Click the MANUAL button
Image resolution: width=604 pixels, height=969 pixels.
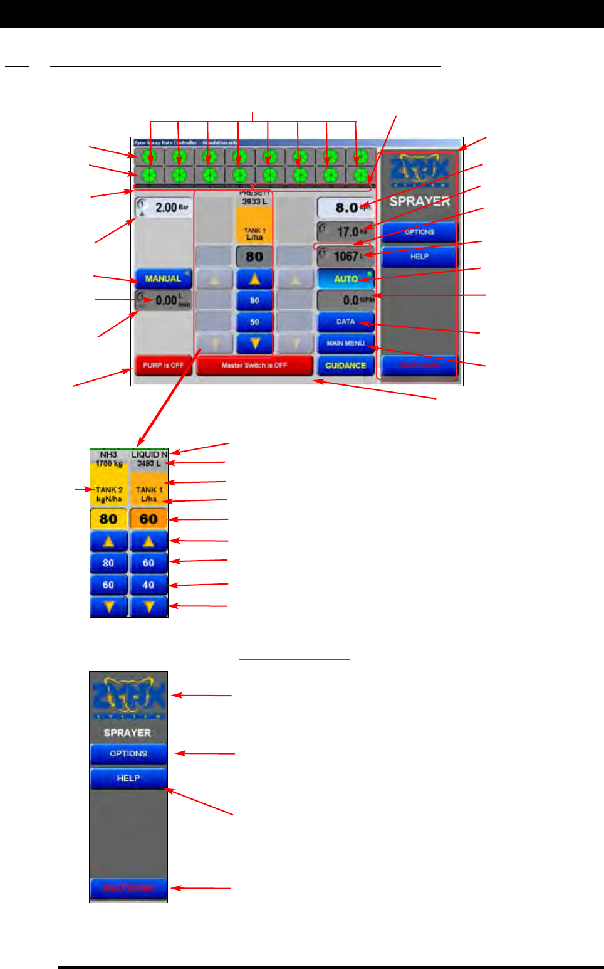click(x=163, y=278)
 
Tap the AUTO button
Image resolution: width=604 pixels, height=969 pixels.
click(x=346, y=279)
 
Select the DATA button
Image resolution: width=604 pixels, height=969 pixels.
click(x=346, y=322)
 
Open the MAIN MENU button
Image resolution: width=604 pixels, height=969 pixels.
click(x=346, y=343)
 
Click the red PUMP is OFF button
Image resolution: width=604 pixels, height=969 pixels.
click(x=163, y=365)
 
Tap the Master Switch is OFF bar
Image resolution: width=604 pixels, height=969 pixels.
click(x=254, y=365)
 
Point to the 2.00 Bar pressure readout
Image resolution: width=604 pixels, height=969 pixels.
click(x=164, y=208)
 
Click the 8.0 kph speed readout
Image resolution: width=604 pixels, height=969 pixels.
click(x=346, y=208)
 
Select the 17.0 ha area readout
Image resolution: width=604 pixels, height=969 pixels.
click(x=346, y=232)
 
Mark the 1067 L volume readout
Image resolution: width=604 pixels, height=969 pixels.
click(x=346, y=256)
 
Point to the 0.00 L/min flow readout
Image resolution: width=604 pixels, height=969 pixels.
click(x=164, y=300)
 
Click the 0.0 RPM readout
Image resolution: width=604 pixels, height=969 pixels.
click(x=346, y=300)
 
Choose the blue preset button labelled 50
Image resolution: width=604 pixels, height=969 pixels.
click(x=254, y=322)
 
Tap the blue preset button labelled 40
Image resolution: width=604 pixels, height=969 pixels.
click(x=148, y=585)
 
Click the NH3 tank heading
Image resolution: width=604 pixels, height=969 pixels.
click(x=108, y=454)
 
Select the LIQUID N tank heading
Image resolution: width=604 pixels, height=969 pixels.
click(x=149, y=454)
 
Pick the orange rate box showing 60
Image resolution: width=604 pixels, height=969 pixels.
click(x=148, y=519)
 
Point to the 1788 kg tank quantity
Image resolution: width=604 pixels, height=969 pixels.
click(x=108, y=463)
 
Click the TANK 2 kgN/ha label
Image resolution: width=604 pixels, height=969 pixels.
click(x=109, y=494)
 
